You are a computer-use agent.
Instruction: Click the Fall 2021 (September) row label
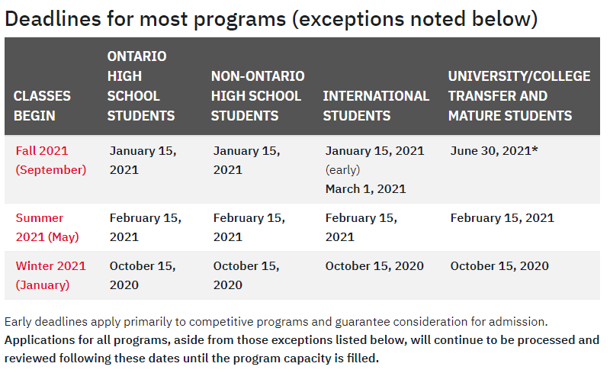[x=51, y=160]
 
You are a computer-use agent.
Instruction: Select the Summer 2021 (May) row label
[x=47, y=227]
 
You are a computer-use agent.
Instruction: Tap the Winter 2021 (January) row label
[x=50, y=275]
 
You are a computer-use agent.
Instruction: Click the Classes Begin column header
[x=42, y=105]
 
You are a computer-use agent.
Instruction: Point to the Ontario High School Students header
[x=141, y=85]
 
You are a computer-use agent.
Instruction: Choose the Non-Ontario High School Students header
[x=258, y=96]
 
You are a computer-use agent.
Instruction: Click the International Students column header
[x=376, y=105]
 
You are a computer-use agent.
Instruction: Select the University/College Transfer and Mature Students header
[x=519, y=96]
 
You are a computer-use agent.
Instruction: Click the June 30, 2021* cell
[x=494, y=151]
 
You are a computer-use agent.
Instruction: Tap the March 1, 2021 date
[x=365, y=189]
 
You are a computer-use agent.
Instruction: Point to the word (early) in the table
[x=342, y=170]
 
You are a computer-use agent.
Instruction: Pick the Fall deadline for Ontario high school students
[x=143, y=160]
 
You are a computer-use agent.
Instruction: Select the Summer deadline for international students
[x=361, y=227]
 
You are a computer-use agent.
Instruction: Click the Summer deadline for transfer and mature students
[x=502, y=217]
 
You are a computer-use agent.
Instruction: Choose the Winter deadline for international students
[x=374, y=265]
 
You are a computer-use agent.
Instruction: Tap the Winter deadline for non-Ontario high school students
[x=246, y=275]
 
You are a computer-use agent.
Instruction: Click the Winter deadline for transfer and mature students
[x=499, y=265]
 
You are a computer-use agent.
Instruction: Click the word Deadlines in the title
[x=53, y=19]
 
